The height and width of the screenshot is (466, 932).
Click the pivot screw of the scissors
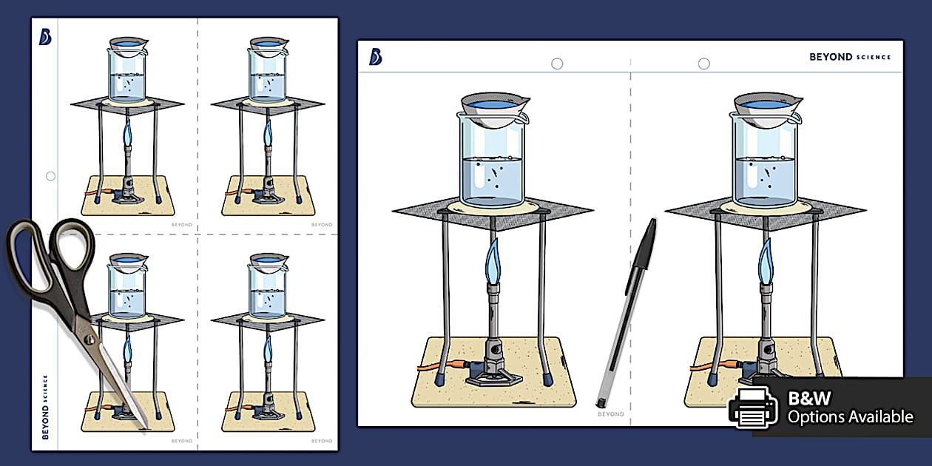[x=89, y=339]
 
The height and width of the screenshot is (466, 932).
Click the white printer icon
[x=752, y=407]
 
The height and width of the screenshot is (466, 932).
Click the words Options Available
[x=850, y=417]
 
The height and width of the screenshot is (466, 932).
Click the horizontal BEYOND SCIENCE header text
[x=850, y=57]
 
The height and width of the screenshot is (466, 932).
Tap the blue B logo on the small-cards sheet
[x=45, y=37]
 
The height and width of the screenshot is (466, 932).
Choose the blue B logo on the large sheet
[x=376, y=57]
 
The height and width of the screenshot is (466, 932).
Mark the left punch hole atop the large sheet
[x=557, y=64]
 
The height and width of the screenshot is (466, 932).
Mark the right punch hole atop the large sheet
[x=703, y=64]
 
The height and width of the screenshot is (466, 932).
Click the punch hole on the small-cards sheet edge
[x=50, y=176]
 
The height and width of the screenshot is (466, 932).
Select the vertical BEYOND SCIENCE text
[x=46, y=407]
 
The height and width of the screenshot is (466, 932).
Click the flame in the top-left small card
[x=127, y=134]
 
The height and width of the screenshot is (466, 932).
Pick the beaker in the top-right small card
[x=267, y=75]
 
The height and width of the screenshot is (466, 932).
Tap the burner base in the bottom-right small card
[x=269, y=412]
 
